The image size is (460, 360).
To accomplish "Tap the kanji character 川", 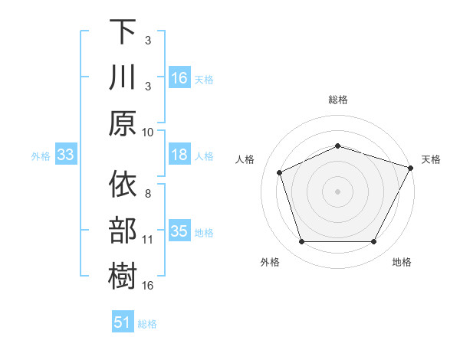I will point(123,77).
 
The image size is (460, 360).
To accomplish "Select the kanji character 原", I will point(123,123).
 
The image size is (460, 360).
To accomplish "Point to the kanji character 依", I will point(123,184).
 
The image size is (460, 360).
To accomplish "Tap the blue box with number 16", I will point(179,77).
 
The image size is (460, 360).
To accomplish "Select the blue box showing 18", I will point(179,155).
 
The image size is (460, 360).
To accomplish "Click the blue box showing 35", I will point(179,231).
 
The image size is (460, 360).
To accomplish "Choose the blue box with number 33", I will point(65,155).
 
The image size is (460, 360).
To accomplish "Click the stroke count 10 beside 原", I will point(148,131).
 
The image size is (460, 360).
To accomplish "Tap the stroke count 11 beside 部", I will point(148,239).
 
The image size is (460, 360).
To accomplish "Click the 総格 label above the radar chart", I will point(337,100).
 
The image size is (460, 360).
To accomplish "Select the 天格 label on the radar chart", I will point(432,159).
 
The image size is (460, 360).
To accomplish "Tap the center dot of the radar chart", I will point(337,191).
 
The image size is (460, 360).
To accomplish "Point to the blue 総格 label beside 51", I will point(147,323).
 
